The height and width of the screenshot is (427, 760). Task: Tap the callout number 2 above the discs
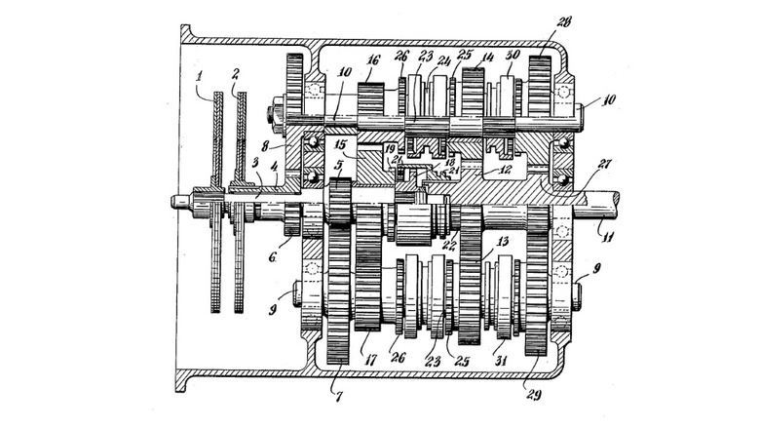[x=235, y=74]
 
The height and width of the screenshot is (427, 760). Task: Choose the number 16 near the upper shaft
[x=371, y=58]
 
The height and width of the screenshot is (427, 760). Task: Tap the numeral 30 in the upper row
[x=512, y=55]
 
